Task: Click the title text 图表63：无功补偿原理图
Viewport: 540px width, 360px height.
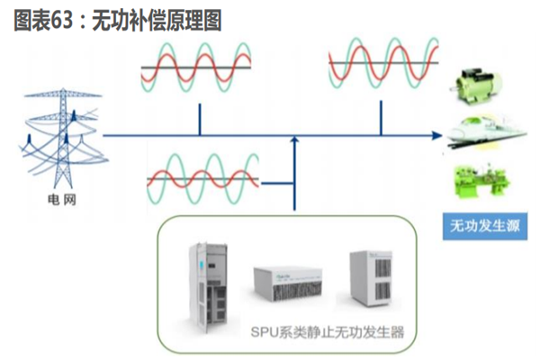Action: point(117,19)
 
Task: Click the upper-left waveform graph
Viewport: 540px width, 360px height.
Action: point(198,66)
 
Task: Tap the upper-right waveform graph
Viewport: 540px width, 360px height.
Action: point(382,64)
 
